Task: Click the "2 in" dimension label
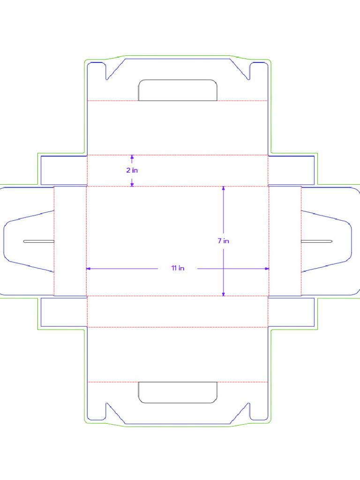[132, 171]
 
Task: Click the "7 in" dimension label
[223, 241]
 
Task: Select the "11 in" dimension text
[178, 269]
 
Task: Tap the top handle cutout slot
[178, 90]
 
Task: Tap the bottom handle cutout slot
[178, 392]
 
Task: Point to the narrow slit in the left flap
[39, 241]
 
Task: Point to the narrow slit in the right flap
[316, 241]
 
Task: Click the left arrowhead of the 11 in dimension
[88, 269]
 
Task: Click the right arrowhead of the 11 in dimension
[267, 269]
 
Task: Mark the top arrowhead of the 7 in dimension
[223, 188]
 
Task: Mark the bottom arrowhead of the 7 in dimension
[223, 294]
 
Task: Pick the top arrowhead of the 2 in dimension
[132, 157]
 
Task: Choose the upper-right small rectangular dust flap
[291, 170]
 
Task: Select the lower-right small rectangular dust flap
[291, 312]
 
